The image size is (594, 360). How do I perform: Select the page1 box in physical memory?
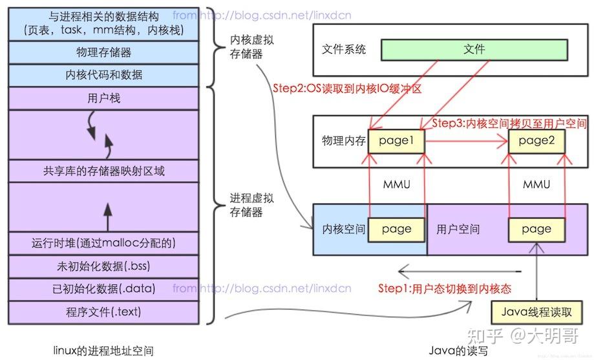396,140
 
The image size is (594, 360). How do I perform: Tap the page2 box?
536,140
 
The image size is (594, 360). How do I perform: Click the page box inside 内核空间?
396,229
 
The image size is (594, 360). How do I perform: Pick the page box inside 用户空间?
536,229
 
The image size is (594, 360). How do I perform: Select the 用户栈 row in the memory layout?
103,99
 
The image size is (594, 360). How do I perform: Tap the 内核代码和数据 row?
103,75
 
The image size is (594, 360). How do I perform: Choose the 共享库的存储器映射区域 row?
103,171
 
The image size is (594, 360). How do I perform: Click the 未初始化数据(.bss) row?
103,266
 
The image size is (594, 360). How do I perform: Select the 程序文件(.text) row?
103,312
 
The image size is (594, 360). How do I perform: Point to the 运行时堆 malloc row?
103,243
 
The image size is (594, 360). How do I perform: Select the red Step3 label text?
509,123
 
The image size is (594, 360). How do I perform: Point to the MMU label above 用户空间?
536,185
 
